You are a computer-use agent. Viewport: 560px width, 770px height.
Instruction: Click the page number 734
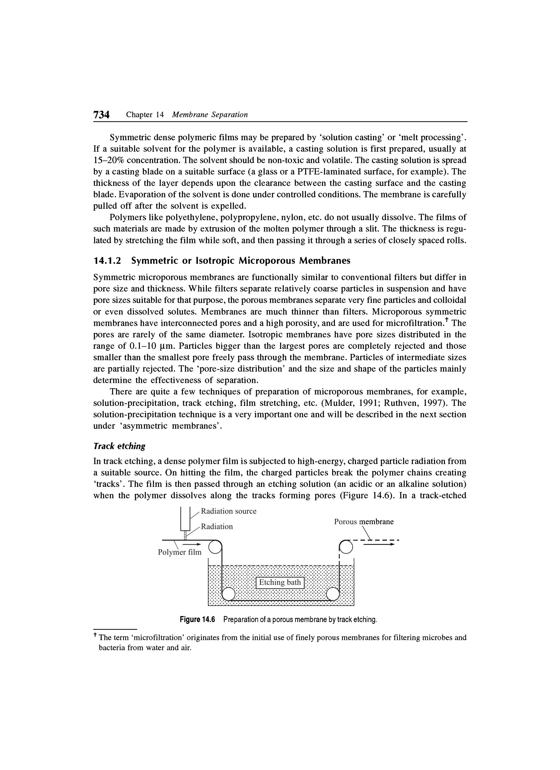click(x=101, y=115)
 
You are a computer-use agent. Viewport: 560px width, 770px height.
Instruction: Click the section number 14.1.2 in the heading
click(x=107, y=261)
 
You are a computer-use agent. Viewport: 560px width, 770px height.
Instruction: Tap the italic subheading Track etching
click(x=119, y=446)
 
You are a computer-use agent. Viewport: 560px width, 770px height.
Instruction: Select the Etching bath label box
click(x=280, y=582)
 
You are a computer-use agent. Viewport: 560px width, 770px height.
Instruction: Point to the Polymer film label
click(x=180, y=552)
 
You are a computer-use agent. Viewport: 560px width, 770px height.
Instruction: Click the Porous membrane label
click(x=364, y=522)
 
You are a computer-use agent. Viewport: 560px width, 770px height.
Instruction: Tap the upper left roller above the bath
click(x=214, y=547)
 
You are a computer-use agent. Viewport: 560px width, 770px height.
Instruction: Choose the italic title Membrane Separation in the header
click(x=210, y=115)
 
